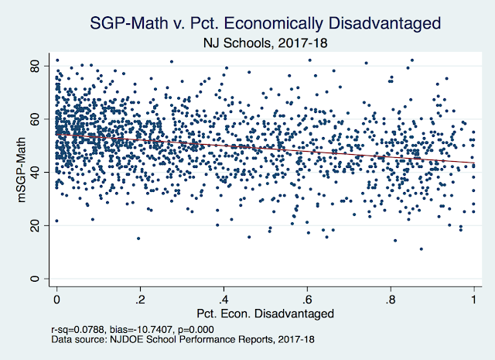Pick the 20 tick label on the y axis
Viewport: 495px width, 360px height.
coord(35,225)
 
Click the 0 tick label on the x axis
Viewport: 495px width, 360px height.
coord(56,299)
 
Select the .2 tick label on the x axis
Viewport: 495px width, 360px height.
coord(139,299)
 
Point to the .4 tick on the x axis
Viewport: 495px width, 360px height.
coord(223,299)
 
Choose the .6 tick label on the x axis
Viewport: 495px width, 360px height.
coord(306,299)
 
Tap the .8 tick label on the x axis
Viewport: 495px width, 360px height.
coord(390,299)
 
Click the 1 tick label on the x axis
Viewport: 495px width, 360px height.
coord(473,299)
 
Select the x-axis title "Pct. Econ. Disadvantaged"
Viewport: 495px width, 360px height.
coord(265,314)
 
